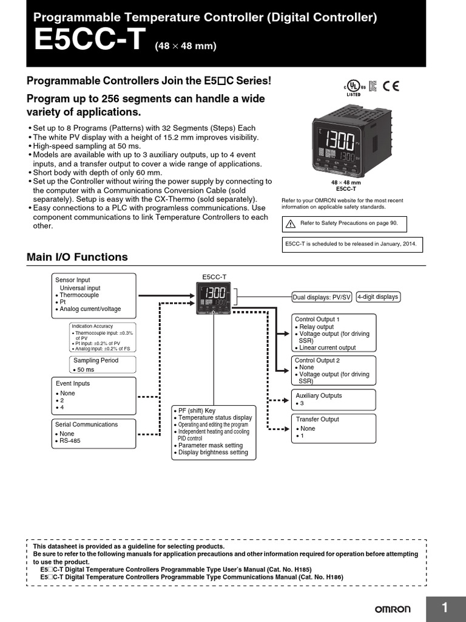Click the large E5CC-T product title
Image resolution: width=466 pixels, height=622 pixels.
pos(90,41)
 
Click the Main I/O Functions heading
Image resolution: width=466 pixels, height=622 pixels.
pos(77,257)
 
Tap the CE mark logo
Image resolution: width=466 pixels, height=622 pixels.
pos(391,86)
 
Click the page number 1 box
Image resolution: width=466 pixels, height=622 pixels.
pos(445,608)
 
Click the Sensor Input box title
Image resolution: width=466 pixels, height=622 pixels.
pos(73,280)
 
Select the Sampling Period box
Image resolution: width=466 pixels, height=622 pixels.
pos(102,364)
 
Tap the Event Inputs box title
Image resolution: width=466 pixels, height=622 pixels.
pos(73,383)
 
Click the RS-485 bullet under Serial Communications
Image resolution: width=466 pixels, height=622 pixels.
pos(70,441)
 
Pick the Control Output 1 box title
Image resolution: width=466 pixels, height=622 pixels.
pos(317,319)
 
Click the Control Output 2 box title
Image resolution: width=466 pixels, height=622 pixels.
pos(317,360)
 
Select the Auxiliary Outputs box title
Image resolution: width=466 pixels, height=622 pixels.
pos(319,395)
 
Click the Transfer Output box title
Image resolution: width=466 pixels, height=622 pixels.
pos(317,419)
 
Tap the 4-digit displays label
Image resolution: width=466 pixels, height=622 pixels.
pos(377,296)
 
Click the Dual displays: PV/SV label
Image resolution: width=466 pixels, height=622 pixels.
pos(322,297)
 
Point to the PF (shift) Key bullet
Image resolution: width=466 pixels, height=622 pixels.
pos(197,411)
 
